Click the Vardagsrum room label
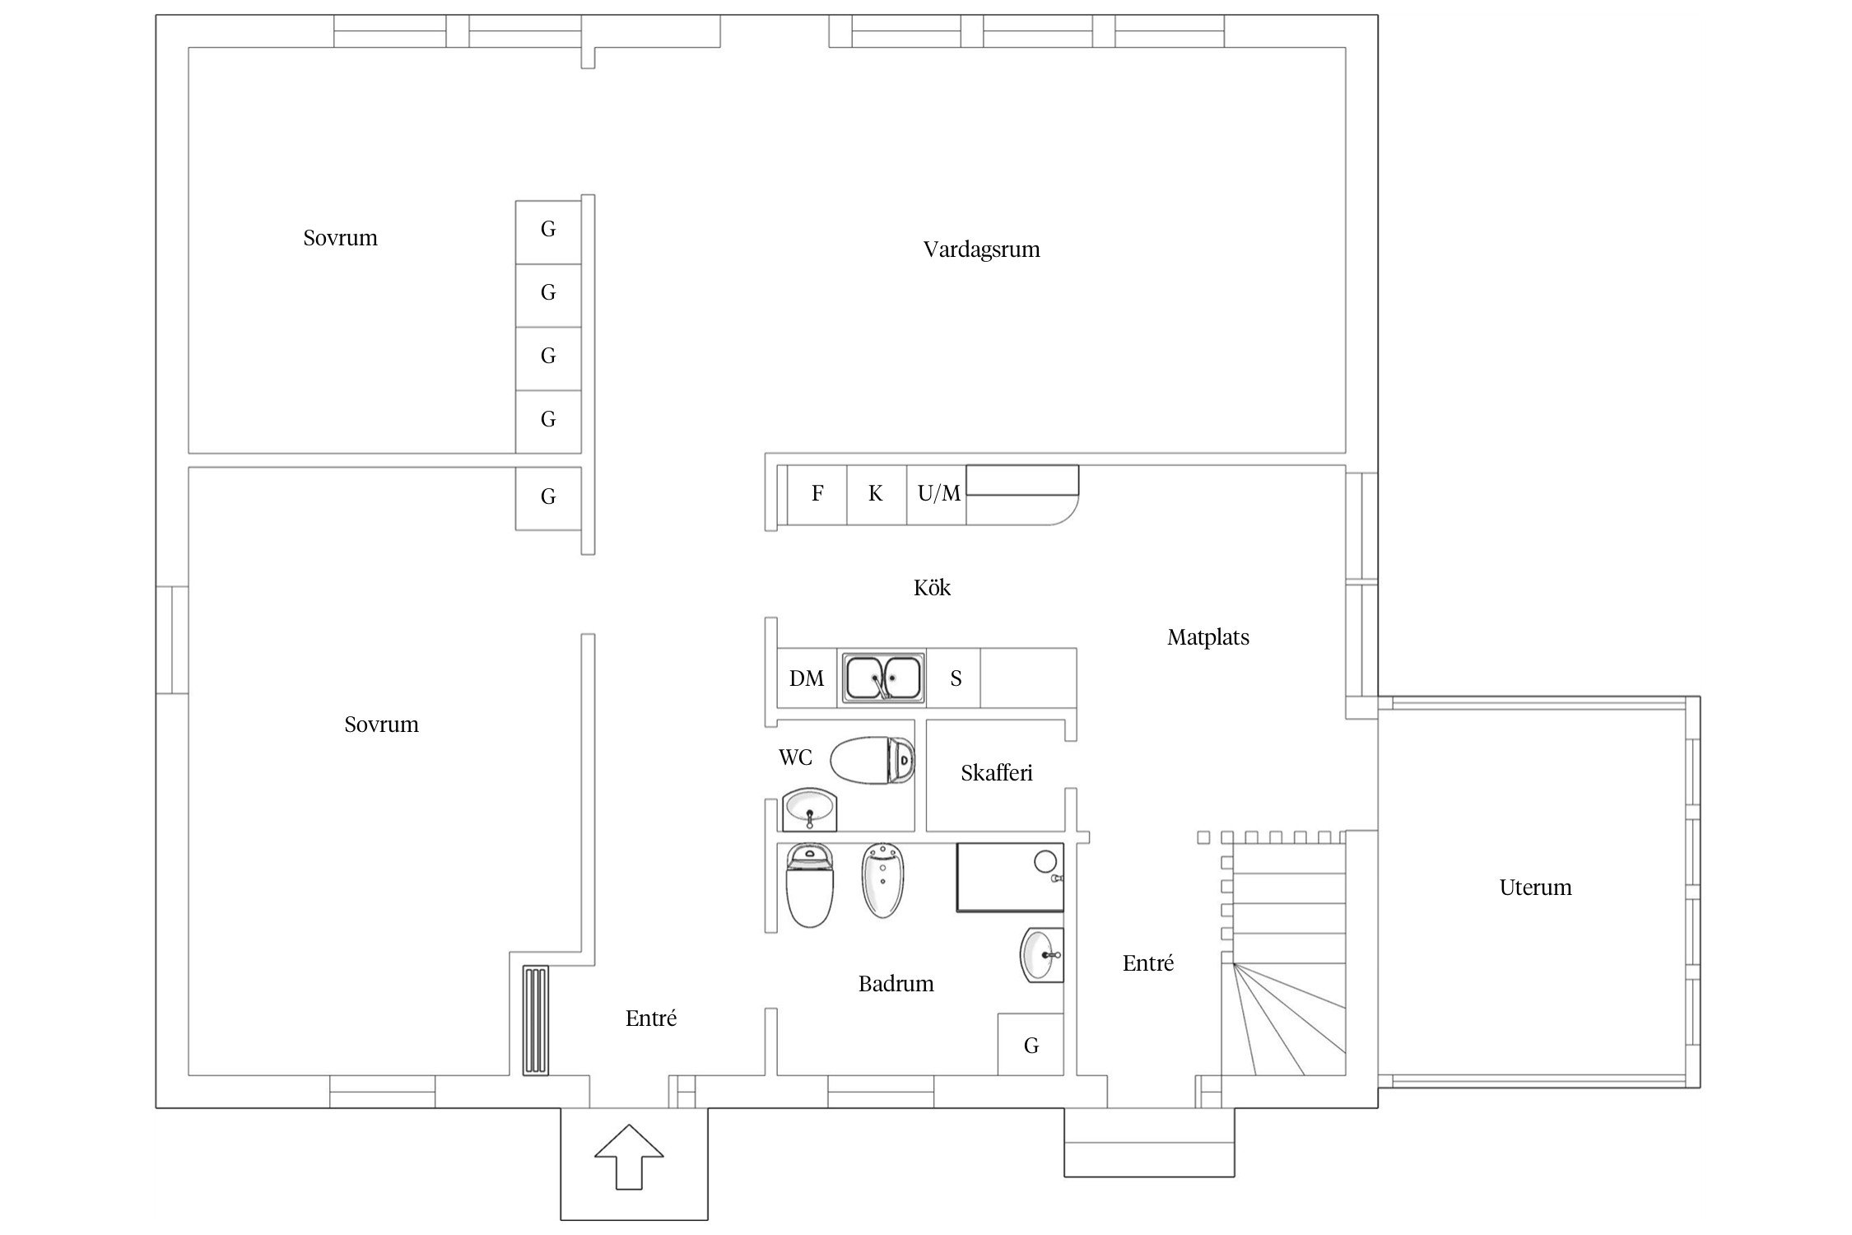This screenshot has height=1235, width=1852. pos(981,249)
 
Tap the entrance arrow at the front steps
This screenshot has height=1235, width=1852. pos(629,1156)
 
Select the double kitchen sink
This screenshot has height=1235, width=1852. pos(882,678)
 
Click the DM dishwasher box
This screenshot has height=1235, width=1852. pos(807,678)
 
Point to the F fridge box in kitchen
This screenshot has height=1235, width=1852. pos(817,494)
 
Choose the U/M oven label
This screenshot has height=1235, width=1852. pos(939,493)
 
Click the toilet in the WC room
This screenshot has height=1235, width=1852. pos(872,759)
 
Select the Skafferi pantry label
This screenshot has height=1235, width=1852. pos(997,773)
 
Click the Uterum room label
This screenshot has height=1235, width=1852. pos(1535,888)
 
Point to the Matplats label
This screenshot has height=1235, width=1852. pos(1208,637)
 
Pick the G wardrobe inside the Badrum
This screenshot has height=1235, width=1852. pos(1031,1044)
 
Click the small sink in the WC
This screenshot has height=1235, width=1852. pos(810,810)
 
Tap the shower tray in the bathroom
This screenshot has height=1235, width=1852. pos(1010,877)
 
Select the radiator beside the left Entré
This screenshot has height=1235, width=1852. pos(536,1021)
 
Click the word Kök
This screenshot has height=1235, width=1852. pos(932,588)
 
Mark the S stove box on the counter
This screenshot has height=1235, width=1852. pos(955,678)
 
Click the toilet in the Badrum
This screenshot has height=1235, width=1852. pos(811,885)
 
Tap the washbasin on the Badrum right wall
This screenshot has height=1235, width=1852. pos(1042,955)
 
